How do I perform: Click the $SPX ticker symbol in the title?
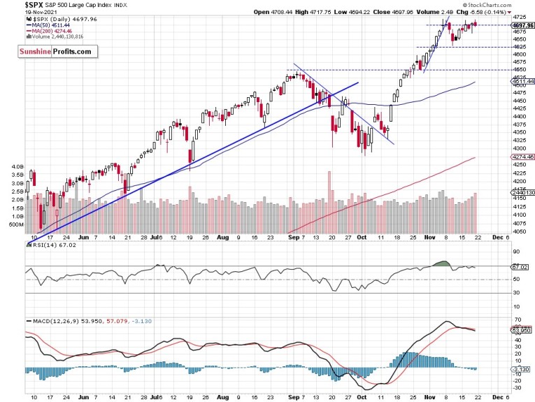coord(13,5)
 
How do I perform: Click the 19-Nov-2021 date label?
coord(17,12)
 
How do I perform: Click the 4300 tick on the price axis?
coord(519,148)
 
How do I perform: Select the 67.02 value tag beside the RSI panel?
coord(520,266)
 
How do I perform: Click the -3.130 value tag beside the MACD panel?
coord(520,368)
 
